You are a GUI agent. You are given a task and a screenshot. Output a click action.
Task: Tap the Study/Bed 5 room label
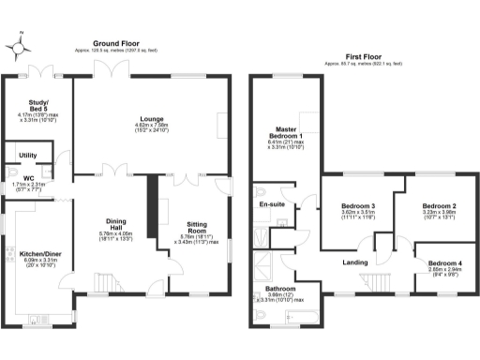37,105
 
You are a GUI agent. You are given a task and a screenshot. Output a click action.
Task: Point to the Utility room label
27,155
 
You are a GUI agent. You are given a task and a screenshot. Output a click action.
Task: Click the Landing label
354,262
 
